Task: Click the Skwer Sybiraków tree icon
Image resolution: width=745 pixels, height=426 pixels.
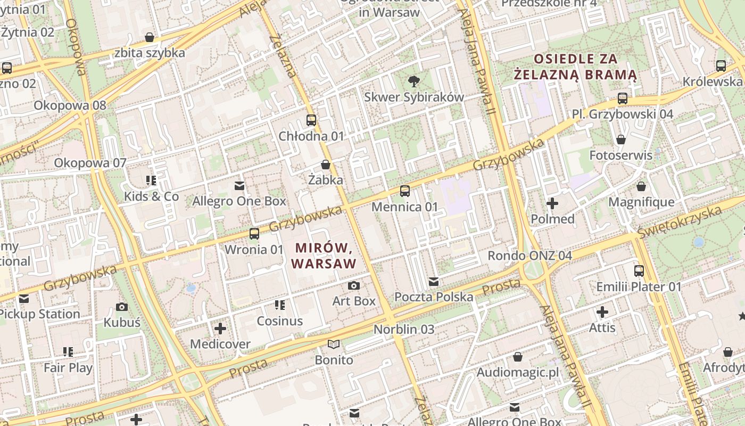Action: point(413,81)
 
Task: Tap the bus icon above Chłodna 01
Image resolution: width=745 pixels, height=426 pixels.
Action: point(311,120)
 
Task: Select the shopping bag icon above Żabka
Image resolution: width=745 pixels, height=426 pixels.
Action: point(325,165)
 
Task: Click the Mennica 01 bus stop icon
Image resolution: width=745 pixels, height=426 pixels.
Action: point(405,191)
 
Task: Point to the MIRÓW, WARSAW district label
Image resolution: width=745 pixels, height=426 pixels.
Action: point(324,256)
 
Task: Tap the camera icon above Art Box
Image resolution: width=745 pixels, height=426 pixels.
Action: point(353,286)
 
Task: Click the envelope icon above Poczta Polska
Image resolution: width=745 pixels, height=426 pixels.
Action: point(434,282)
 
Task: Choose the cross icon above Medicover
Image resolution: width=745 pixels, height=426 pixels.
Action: point(220,329)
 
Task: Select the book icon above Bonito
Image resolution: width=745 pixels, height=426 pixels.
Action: point(334,345)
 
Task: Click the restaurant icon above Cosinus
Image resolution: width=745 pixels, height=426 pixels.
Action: point(279,305)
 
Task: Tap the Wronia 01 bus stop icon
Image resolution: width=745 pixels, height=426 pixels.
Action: point(254,234)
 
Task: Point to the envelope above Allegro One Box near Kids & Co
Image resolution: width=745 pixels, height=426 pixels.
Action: point(239,186)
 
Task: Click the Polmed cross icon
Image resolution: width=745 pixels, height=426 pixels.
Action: point(552,203)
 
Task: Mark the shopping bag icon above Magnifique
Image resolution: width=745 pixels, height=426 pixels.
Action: point(641,186)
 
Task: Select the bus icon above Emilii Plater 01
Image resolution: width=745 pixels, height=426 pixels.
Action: point(639,271)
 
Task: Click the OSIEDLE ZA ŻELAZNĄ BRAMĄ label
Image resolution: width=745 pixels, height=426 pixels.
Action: point(575,66)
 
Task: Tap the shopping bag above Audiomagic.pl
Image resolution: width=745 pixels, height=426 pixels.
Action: point(517,357)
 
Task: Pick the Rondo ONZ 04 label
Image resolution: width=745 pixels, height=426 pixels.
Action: point(529,256)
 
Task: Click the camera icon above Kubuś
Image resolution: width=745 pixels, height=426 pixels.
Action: point(122,307)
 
